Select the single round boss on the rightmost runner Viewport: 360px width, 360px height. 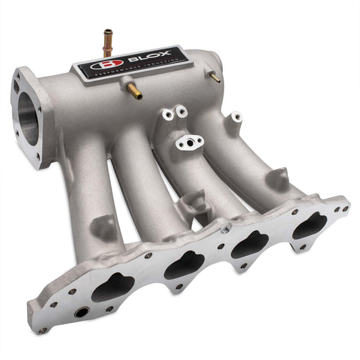[x=236, y=118]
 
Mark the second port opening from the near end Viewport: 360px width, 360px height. [x=184, y=266]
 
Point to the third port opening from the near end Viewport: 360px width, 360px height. [x=250, y=244]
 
